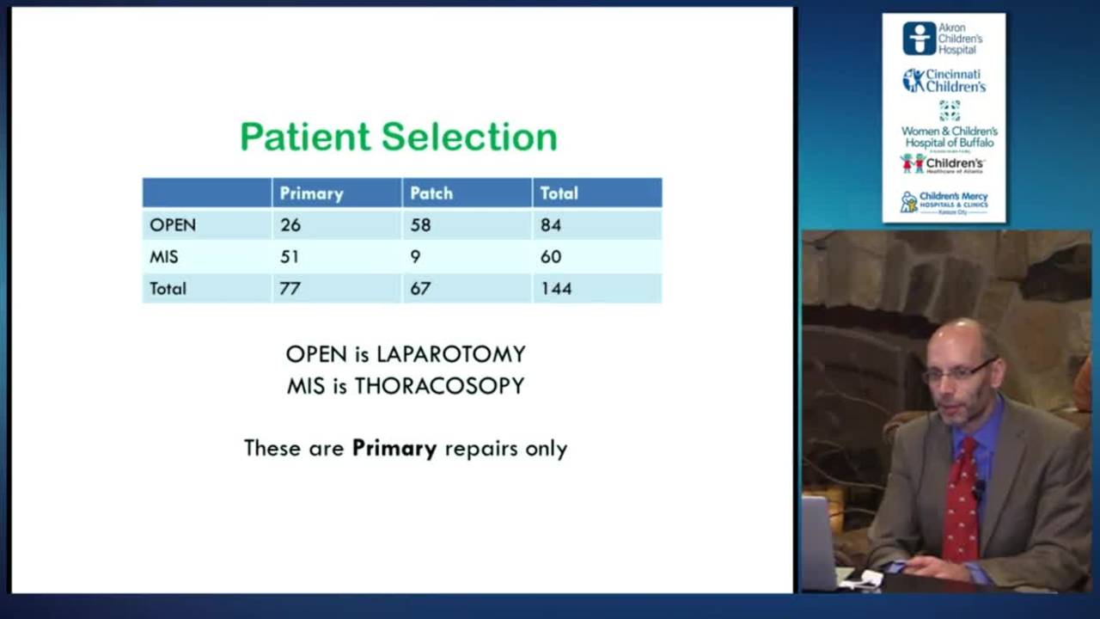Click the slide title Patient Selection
398,137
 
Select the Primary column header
311,193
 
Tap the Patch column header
431,193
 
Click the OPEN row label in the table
173,225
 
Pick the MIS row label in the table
164,256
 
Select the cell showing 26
290,225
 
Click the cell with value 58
420,225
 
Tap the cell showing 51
290,256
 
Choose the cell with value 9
415,256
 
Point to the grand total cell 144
556,288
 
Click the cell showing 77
290,288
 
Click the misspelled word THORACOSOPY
439,386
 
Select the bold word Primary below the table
394,448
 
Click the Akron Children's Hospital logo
943,39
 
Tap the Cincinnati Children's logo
944,81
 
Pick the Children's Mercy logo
944,202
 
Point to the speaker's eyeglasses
958,372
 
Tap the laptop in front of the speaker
818,542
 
